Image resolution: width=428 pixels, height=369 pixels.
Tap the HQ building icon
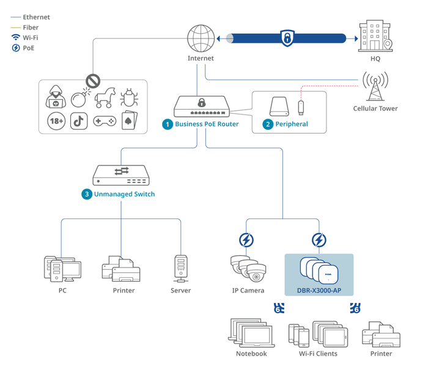tap(375, 37)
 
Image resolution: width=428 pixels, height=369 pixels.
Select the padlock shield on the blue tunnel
tap(287, 38)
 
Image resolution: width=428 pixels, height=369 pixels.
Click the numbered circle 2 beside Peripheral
tap(268, 124)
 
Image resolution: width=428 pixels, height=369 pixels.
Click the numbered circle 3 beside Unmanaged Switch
tap(87, 194)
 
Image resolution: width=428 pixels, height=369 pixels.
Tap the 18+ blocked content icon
tap(57, 121)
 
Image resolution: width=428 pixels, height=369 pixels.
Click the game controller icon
tap(105, 121)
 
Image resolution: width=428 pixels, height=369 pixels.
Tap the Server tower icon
tap(180, 268)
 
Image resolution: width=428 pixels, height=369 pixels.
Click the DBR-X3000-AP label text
tap(319, 289)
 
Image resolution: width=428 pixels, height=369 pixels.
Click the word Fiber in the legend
tap(31, 28)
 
